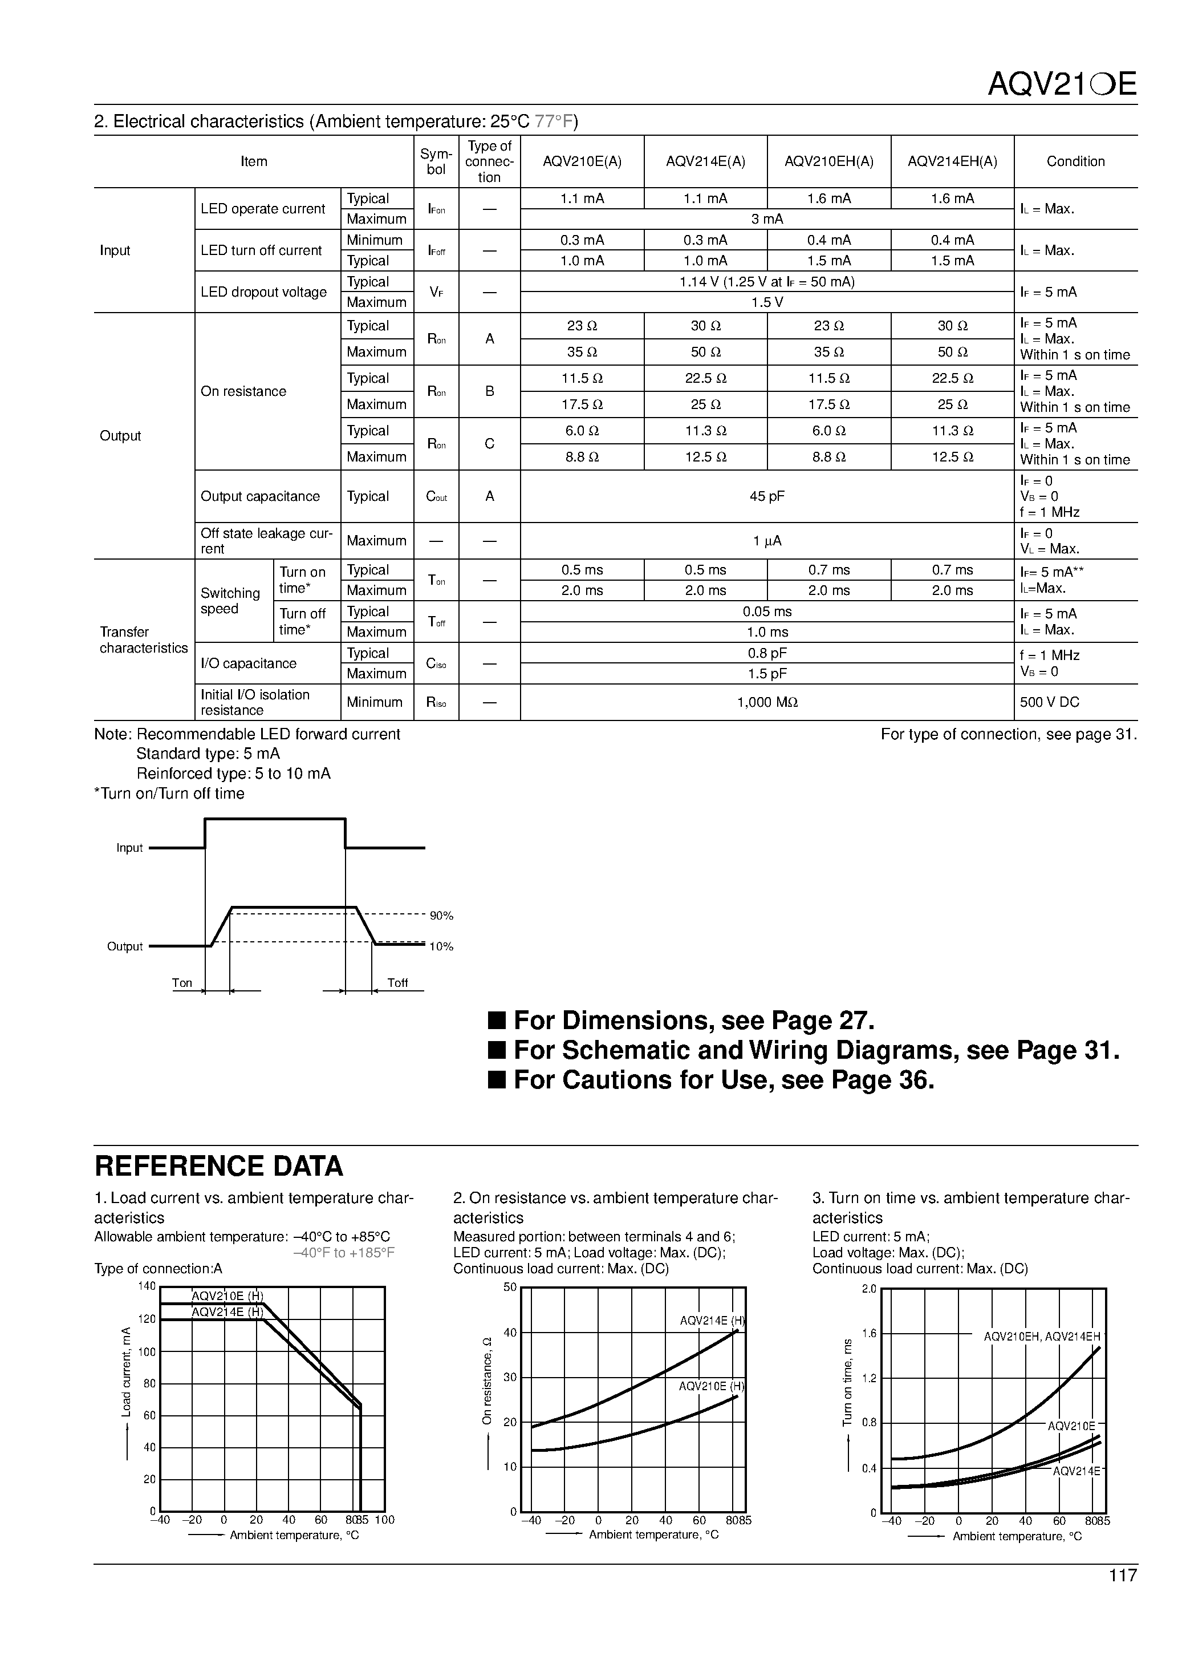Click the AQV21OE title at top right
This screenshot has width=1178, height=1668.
(1061, 85)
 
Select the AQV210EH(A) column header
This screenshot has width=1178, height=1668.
(828, 161)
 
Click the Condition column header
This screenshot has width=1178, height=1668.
(1075, 161)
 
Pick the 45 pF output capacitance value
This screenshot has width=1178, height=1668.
(767, 496)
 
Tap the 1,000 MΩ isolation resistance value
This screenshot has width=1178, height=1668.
(767, 702)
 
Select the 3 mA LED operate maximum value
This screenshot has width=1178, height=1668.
(767, 218)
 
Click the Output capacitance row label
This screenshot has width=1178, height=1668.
(260, 496)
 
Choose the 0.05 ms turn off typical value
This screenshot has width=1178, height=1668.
(767, 612)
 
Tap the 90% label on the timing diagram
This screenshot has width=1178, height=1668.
(441, 916)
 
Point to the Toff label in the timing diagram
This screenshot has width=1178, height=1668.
(397, 983)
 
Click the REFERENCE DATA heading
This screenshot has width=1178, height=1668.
(218, 1166)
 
